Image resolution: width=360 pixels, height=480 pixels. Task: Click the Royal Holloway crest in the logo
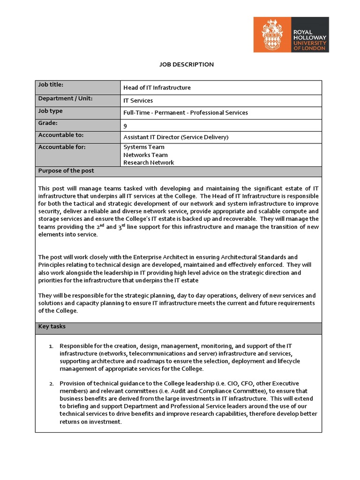coord(272,35)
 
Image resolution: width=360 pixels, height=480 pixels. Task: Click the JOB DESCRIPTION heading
coord(180,65)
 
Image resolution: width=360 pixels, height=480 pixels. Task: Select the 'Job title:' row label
coord(51,85)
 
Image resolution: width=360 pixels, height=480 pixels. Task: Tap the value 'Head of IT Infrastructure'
coord(157,88)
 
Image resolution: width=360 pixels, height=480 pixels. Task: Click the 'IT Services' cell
coord(138,100)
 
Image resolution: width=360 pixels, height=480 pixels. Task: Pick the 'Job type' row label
coord(50,111)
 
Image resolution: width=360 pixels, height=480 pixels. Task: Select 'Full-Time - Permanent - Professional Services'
coord(185,112)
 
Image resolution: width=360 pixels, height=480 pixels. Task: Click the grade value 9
coord(125,126)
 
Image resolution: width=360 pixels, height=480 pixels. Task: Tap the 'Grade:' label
coord(48,123)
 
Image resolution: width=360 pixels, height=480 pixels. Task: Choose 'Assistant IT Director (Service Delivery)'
coord(176,137)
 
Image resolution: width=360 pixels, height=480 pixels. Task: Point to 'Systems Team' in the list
coord(143,147)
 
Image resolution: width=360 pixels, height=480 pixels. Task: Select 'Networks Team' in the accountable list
coord(145,155)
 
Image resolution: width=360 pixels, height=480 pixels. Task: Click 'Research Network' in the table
coord(149,163)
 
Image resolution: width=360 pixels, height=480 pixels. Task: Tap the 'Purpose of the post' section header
coord(66,171)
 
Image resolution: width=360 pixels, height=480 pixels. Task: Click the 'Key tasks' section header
coord(52,326)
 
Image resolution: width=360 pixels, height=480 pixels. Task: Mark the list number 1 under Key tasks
coord(52,346)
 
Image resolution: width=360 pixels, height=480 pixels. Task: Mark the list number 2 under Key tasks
coord(52,383)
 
